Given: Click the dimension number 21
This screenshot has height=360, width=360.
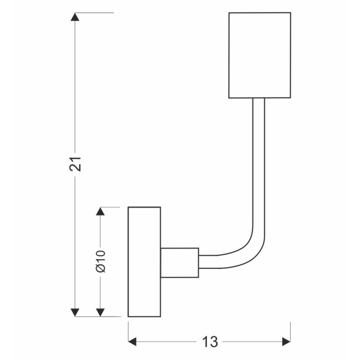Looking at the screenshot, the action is [x=75, y=164].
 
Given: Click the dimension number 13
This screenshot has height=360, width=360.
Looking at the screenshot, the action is [x=210, y=341].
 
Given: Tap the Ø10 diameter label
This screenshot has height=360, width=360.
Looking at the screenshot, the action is [x=101, y=261].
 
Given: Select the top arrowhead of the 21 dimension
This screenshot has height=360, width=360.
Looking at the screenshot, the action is [x=75, y=17].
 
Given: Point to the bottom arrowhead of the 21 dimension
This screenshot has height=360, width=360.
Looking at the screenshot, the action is [x=75, y=312].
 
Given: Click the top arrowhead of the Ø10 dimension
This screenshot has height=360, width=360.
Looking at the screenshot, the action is [x=100, y=211].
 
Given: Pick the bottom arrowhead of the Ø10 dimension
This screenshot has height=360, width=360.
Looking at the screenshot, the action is [x=100, y=312].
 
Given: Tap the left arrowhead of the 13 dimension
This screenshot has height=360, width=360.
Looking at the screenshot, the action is [x=132, y=341].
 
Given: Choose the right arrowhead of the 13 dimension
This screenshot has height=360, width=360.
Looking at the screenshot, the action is [x=286, y=341].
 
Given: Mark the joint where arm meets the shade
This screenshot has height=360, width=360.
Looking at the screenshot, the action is [x=259, y=98].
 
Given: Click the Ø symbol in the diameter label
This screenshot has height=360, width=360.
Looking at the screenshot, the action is [x=101, y=268].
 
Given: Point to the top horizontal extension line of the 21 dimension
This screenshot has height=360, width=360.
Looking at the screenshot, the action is [x=94, y=13].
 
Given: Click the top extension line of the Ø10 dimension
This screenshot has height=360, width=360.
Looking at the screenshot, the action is [x=110, y=207].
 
